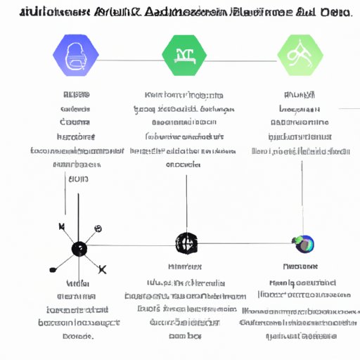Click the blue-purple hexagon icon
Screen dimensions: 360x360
(75, 56)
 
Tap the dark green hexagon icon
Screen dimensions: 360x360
(184, 56)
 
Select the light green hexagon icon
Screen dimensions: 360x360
(300, 56)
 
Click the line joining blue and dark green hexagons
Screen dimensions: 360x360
(130, 56)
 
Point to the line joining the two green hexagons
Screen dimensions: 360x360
(242, 56)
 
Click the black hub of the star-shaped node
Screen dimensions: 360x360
(79, 248)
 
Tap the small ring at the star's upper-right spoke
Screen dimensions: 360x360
(98, 229)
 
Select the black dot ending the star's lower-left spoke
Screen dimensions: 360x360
(51, 270)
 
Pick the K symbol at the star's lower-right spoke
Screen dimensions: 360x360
(103, 269)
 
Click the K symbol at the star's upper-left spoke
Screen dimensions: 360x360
(61, 226)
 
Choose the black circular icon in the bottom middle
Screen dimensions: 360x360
(186, 243)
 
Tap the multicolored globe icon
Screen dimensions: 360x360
(304, 244)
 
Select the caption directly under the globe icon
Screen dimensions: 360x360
(301, 266)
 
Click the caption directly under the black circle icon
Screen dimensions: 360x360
(186, 267)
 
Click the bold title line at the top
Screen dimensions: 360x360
(180, 12)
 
